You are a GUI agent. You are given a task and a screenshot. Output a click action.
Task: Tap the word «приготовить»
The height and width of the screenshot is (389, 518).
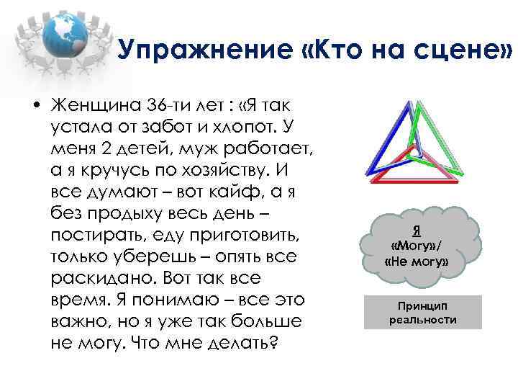coord(235,236)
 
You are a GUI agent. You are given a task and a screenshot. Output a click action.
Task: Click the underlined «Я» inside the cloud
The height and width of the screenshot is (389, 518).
coord(417,231)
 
